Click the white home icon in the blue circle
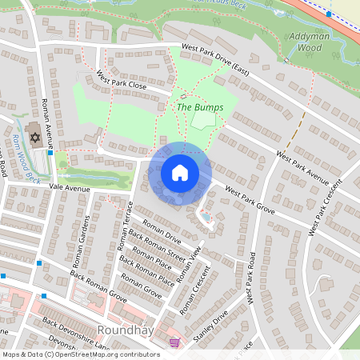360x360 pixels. [x=180, y=173]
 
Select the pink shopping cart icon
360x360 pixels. [x=174, y=342]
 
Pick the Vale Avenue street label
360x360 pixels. [x=70, y=187]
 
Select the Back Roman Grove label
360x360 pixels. [x=98, y=286]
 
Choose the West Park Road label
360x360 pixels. [x=251, y=278]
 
